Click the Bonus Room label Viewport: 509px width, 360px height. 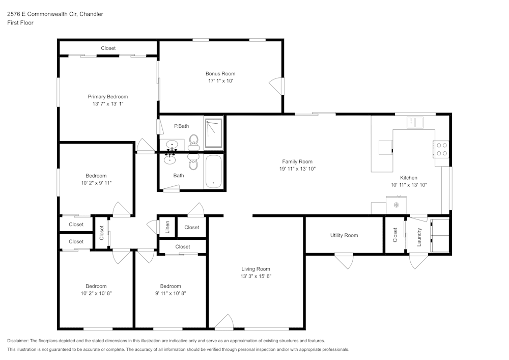coord(220,74)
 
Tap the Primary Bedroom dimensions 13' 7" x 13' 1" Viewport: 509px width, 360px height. coord(108,104)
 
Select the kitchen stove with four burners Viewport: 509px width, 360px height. coord(441,149)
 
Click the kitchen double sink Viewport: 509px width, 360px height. coord(415,122)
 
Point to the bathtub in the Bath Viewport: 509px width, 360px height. coord(213,171)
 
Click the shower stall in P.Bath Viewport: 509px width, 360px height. coord(213,133)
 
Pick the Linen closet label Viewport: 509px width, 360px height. coord(167,227)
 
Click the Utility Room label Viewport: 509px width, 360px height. coord(344,235)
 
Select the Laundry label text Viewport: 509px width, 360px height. coord(419,237)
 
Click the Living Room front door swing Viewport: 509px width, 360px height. coord(224,322)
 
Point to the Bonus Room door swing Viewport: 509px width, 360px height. coord(276,86)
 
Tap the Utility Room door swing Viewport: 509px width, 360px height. coord(344,261)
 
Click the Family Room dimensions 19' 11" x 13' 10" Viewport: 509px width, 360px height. coord(297,169)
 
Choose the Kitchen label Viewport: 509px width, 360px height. coord(409,178)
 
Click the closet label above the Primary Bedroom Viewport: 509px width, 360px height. coord(108,48)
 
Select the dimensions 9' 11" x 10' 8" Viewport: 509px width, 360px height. coord(171,293)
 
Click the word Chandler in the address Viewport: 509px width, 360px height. coord(91,14)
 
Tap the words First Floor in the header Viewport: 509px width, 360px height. coord(20,23)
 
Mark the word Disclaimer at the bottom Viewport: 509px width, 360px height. coord(18,341)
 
